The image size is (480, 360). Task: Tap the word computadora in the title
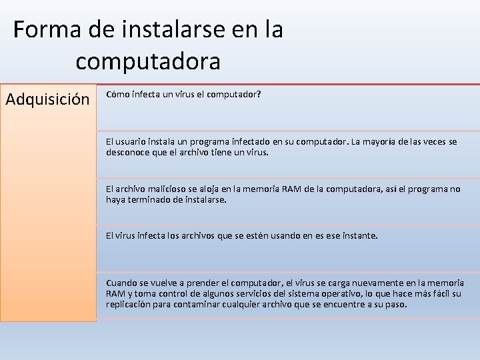click(x=147, y=61)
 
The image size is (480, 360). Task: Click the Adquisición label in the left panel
click(x=47, y=99)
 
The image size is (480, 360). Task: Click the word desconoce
click(x=127, y=152)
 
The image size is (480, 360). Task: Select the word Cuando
click(x=121, y=283)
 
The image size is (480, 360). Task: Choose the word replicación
click(x=130, y=304)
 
